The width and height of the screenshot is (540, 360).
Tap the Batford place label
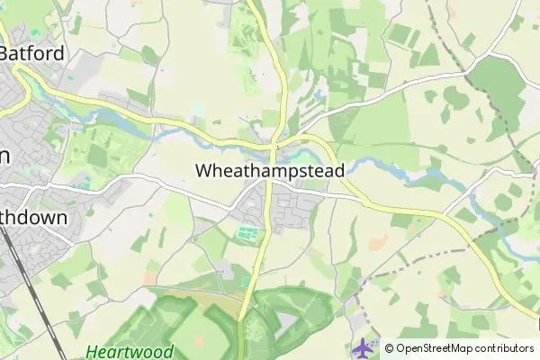[32, 53]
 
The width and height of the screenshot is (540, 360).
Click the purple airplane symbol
[364, 346]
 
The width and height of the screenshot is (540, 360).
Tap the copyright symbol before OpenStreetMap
[389, 348]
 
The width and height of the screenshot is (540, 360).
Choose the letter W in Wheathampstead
[204, 169]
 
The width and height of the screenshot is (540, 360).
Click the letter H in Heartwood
[92, 352]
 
